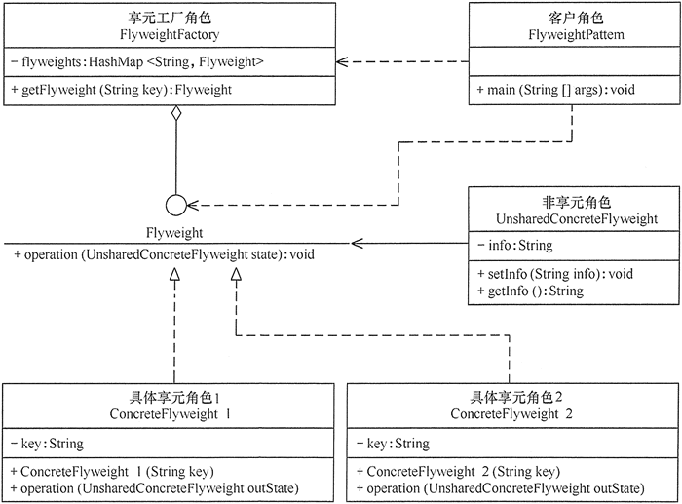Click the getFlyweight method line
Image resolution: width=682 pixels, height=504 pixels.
tap(128, 90)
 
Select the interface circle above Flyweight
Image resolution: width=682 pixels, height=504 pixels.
tap(175, 206)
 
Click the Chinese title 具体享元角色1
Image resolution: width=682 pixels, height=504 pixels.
tap(175, 398)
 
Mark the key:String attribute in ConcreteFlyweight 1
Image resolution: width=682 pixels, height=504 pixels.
tap(48, 444)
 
